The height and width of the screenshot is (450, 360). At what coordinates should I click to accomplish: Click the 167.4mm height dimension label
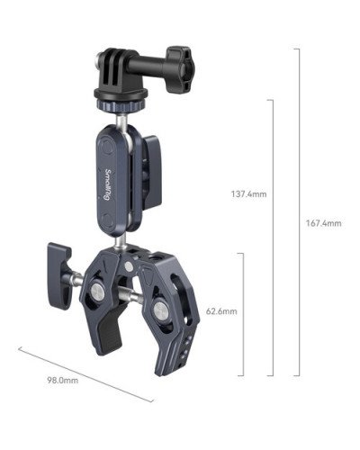point(323,223)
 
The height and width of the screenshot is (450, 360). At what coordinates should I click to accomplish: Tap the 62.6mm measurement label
point(220,311)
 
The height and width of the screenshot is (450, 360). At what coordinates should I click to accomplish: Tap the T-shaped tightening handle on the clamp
point(59,265)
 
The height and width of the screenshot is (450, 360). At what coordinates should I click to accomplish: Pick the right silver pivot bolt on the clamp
point(158,311)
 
